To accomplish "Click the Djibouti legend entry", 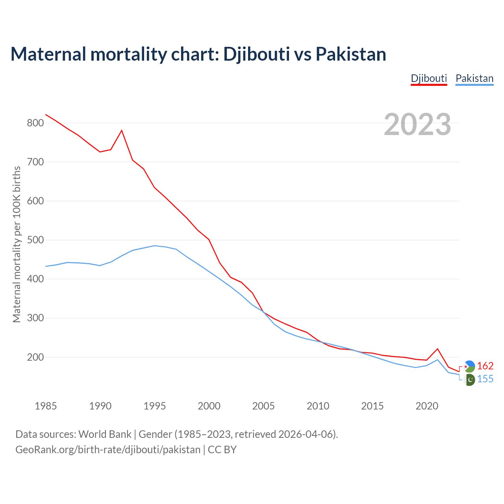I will [429, 78].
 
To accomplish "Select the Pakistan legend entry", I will [474, 78].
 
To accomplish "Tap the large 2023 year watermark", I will [417, 124].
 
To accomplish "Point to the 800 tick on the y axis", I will [35, 123].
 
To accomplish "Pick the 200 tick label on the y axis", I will [35, 357].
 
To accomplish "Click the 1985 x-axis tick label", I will [46, 406].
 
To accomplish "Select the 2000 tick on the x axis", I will [209, 406].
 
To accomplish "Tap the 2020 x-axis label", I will [427, 406].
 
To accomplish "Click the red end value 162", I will [485, 366].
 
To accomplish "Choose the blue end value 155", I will [485, 379].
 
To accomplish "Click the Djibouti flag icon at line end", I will [469, 366].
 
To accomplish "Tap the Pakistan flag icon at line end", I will [469, 380].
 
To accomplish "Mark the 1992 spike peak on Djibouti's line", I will [122, 130].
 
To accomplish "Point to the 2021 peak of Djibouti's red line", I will [437, 349].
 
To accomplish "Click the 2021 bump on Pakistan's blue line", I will [437, 359].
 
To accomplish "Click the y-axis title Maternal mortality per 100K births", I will [17, 244].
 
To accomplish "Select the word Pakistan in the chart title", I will [351, 54].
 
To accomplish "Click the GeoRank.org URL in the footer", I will [108, 450].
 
